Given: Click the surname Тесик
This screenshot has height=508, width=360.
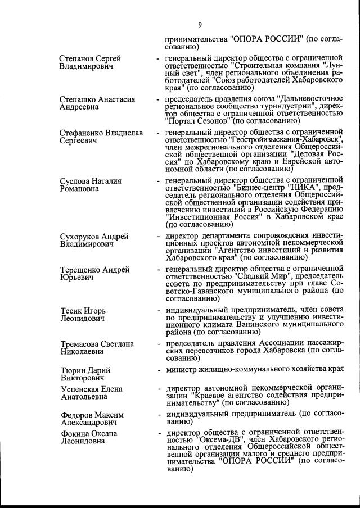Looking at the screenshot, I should [x=72, y=311].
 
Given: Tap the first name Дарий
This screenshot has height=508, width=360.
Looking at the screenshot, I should [x=98, y=370].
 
